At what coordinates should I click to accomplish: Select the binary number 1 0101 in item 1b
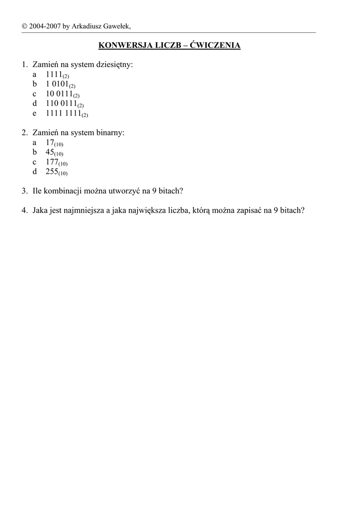[x=57, y=84]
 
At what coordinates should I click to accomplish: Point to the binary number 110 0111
[x=61, y=103]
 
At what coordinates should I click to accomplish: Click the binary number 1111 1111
[x=63, y=113]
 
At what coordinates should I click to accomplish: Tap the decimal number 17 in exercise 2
[x=50, y=142]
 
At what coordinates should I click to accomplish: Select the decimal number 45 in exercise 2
[x=50, y=152]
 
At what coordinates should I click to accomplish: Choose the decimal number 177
[x=52, y=162]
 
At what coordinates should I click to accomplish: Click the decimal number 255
[x=52, y=171]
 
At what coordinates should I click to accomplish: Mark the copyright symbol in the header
[x=24, y=26]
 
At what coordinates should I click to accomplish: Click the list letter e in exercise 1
[x=35, y=113]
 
